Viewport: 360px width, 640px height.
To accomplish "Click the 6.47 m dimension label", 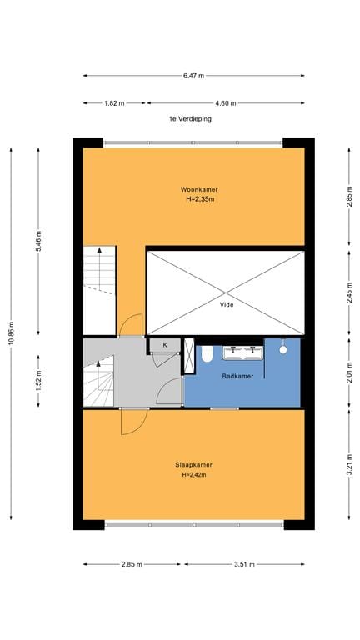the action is pos(193,76).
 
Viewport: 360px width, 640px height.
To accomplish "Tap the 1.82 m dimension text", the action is pos(114,103).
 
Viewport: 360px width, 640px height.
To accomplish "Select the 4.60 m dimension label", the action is pos(226,103).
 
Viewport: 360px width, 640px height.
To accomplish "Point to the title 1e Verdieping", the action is pos(191,119).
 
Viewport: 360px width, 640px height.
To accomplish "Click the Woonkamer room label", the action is pos(200,189).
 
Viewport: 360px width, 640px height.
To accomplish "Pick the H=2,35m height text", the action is pos(200,200).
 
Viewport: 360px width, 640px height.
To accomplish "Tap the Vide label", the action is pos(227,304).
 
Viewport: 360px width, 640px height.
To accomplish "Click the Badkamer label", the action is pos(237,376).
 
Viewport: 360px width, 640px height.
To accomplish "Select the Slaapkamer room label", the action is pos(194,464).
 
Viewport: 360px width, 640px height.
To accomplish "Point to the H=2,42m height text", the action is pos(194,475).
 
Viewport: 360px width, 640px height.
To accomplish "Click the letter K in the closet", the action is pos(165,345).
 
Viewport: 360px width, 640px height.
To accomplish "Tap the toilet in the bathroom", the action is pos(207,354).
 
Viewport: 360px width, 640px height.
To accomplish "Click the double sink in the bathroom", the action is pos(242,353).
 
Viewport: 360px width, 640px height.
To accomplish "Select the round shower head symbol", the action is pos(282,350).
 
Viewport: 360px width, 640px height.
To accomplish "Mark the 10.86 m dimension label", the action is pos(11,334).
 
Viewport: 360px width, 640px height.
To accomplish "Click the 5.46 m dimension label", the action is pos(39,241).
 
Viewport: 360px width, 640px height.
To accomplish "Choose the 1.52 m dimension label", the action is pos(39,381).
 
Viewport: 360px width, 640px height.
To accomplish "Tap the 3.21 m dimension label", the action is pos(349,465).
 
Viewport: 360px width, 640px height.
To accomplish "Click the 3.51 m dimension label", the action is pos(244,564).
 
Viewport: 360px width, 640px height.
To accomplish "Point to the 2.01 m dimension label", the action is pos(349,372).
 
